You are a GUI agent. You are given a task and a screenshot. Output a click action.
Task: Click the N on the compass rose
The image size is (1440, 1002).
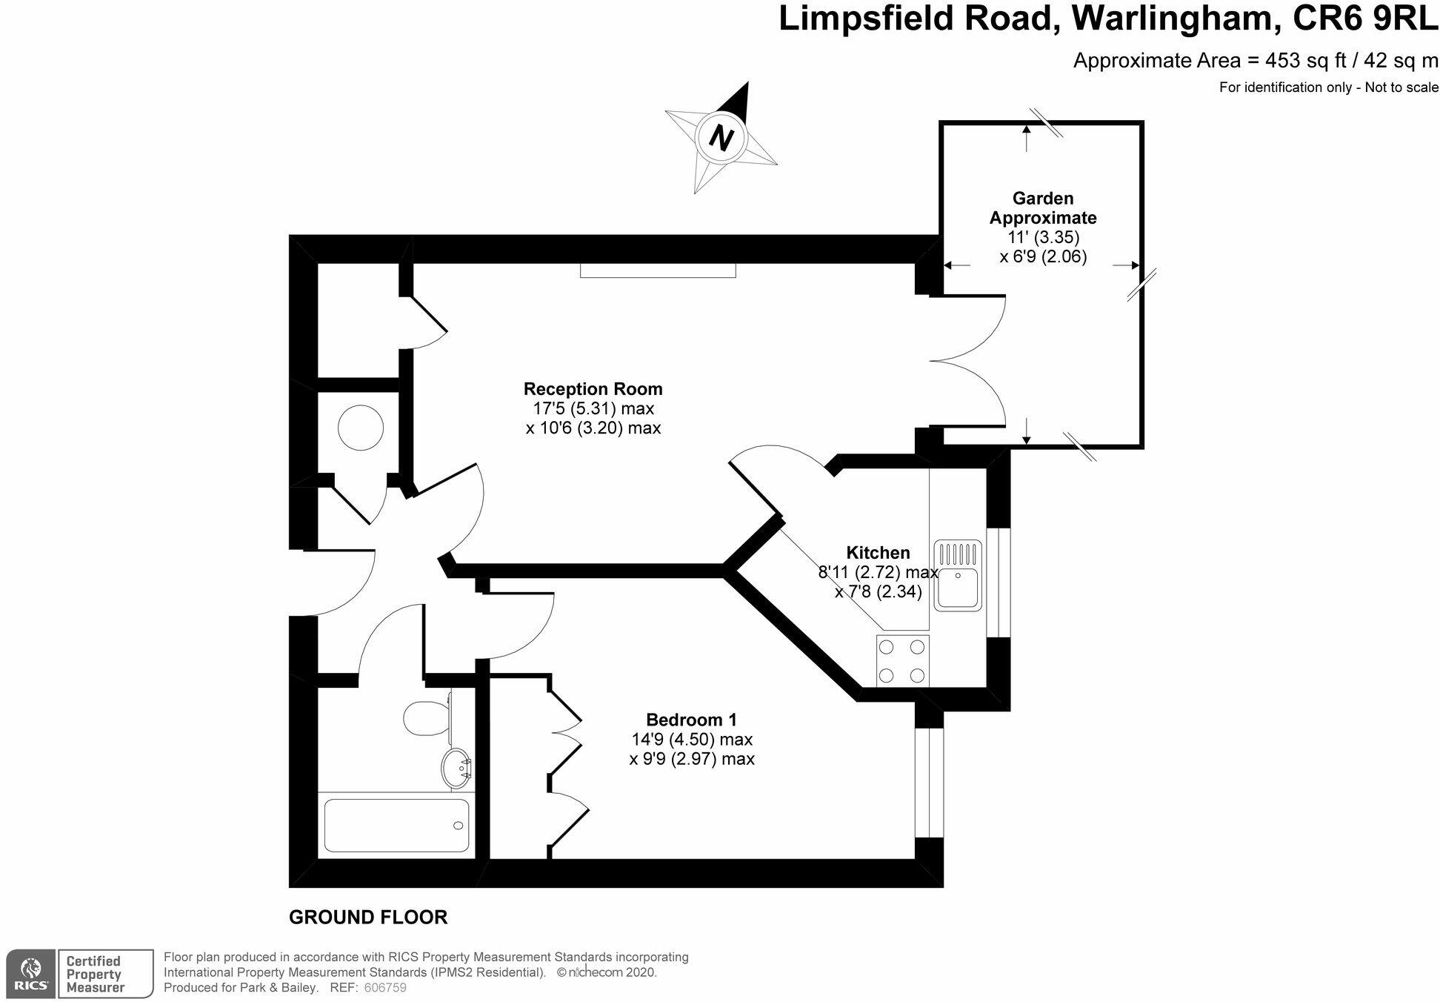(720, 137)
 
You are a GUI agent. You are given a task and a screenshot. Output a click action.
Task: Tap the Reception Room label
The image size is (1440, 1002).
(593, 389)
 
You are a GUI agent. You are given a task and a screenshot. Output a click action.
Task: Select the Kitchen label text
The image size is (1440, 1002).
(878, 553)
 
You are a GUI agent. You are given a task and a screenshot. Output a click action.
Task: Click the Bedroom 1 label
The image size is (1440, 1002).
(691, 720)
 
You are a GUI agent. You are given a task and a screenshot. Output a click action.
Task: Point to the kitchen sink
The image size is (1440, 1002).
(958, 575)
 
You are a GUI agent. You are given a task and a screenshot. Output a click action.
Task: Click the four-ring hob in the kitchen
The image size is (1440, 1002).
(902, 660)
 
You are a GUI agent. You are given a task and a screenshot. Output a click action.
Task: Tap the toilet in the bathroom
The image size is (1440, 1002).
(426, 717)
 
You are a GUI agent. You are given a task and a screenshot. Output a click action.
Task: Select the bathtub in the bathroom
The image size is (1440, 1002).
(396, 825)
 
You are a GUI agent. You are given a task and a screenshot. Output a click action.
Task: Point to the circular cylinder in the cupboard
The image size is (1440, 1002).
(361, 428)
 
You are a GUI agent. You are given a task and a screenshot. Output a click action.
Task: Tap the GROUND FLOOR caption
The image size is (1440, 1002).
(368, 918)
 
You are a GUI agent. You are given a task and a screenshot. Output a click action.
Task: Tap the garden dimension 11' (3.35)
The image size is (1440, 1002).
(1043, 238)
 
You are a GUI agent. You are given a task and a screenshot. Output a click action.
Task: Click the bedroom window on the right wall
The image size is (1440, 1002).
(929, 783)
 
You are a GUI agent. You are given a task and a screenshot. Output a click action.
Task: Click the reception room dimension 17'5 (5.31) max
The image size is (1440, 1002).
(593, 408)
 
